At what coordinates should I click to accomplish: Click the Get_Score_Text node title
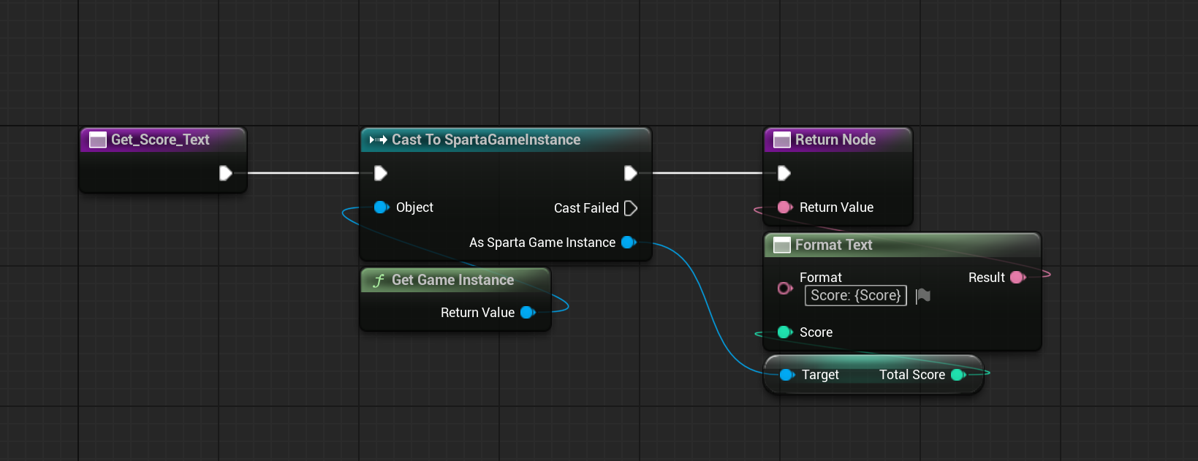coord(160,140)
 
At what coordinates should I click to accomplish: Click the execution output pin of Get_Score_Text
coord(226,173)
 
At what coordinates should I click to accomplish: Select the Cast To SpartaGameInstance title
coord(485,140)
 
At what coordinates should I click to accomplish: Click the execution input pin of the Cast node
coord(380,173)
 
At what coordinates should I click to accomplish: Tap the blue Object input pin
coord(382,207)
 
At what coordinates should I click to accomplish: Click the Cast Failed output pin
coord(631,208)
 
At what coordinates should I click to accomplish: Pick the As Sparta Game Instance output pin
coord(629,243)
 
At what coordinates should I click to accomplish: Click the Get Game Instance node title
coord(452,280)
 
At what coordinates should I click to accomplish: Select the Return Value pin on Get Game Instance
coord(528,312)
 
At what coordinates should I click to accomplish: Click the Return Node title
coord(835,140)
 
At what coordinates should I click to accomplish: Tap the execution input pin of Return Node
coord(784,173)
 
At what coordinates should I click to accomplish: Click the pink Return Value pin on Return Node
coord(785,207)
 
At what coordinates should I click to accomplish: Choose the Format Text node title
coord(833,245)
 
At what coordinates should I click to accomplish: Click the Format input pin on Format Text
coord(784,289)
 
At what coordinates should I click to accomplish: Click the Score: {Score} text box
coord(856,295)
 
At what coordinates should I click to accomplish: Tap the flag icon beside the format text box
coord(923,296)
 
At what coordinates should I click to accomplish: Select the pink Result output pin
coord(1017,277)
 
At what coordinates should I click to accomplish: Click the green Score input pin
coord(784,332)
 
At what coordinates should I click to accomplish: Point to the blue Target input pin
coord(787,375)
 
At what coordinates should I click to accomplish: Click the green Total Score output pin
coord(958,375)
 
